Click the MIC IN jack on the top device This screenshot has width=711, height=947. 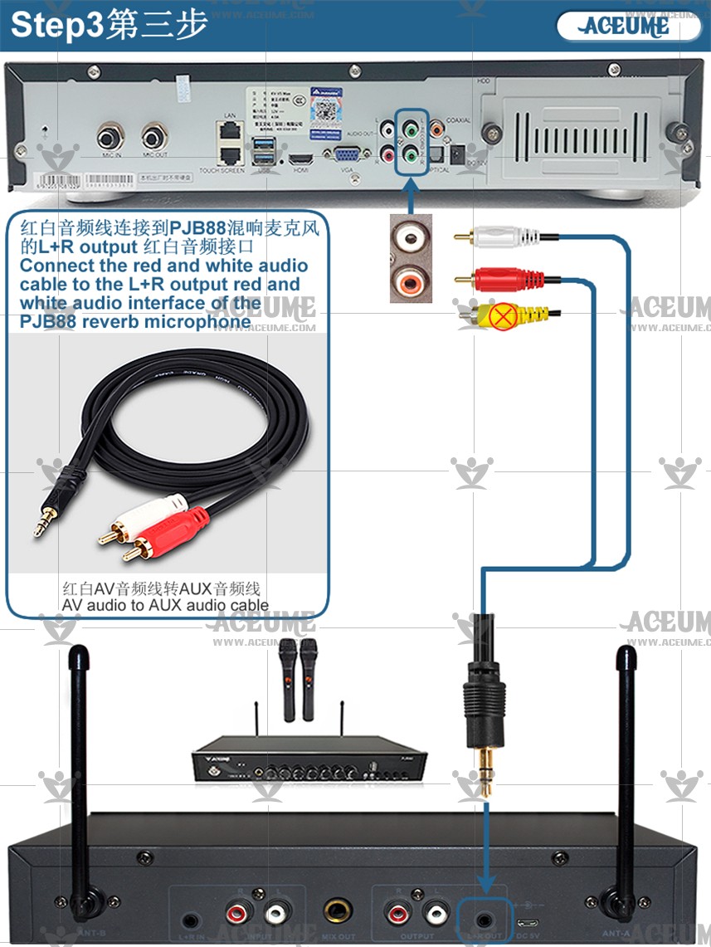pos(109,137)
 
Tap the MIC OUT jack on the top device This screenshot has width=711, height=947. pos(154,137)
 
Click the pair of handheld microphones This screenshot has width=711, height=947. pos(298,678)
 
